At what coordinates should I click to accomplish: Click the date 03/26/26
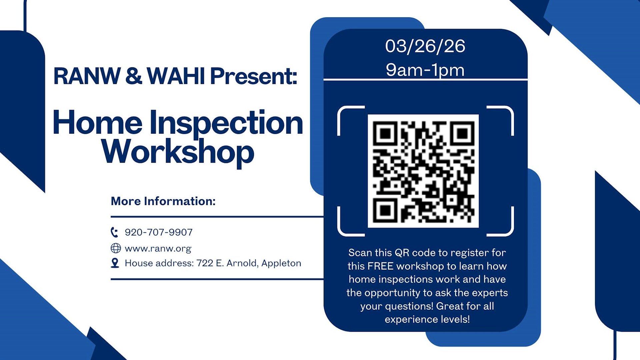point(425,46)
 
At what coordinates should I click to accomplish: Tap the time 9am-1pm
point(425,70)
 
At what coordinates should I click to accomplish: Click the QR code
point(423,171)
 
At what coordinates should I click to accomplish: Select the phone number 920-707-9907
point(159,232)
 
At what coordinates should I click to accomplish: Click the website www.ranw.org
point(158,249)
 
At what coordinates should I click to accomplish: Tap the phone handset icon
point(114,232)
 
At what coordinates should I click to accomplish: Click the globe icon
point(116,248)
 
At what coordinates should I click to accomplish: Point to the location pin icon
point(115,263)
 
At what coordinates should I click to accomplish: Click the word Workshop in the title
point(178,152)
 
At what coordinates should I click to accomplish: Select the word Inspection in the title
point(226,123)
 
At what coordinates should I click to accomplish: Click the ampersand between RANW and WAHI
point(134,76)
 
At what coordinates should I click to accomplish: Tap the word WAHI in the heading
point(176,76)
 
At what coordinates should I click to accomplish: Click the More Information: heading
point(163,201)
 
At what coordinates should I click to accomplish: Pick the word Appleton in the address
point(281,263)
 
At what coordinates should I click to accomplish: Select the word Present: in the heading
point(253,76)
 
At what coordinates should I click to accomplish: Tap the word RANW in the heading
point(87,76)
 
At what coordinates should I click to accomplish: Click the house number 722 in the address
point(205,263)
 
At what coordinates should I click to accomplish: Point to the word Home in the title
point(97,123)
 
